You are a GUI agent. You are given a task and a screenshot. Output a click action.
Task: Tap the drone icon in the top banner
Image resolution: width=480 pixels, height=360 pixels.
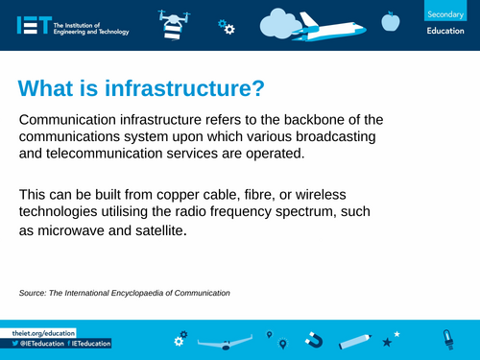pos(169,22)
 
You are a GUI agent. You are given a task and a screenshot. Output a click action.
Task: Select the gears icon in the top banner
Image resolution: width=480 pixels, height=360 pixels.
pos(226,27)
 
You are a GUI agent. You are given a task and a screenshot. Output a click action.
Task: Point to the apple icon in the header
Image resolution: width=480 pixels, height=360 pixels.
pos(389,20)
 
